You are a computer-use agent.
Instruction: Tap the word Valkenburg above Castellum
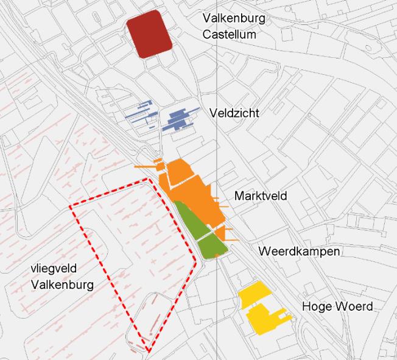coord(234,19)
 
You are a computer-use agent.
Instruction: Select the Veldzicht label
coord(234,113)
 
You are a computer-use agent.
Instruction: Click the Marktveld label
coord(261,196)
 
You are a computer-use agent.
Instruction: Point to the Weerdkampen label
coord(299,252)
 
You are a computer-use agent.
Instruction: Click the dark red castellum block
coord(149,34)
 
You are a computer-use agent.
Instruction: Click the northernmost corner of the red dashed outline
coord(150,180)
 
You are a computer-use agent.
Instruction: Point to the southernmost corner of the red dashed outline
coord(147,351)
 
